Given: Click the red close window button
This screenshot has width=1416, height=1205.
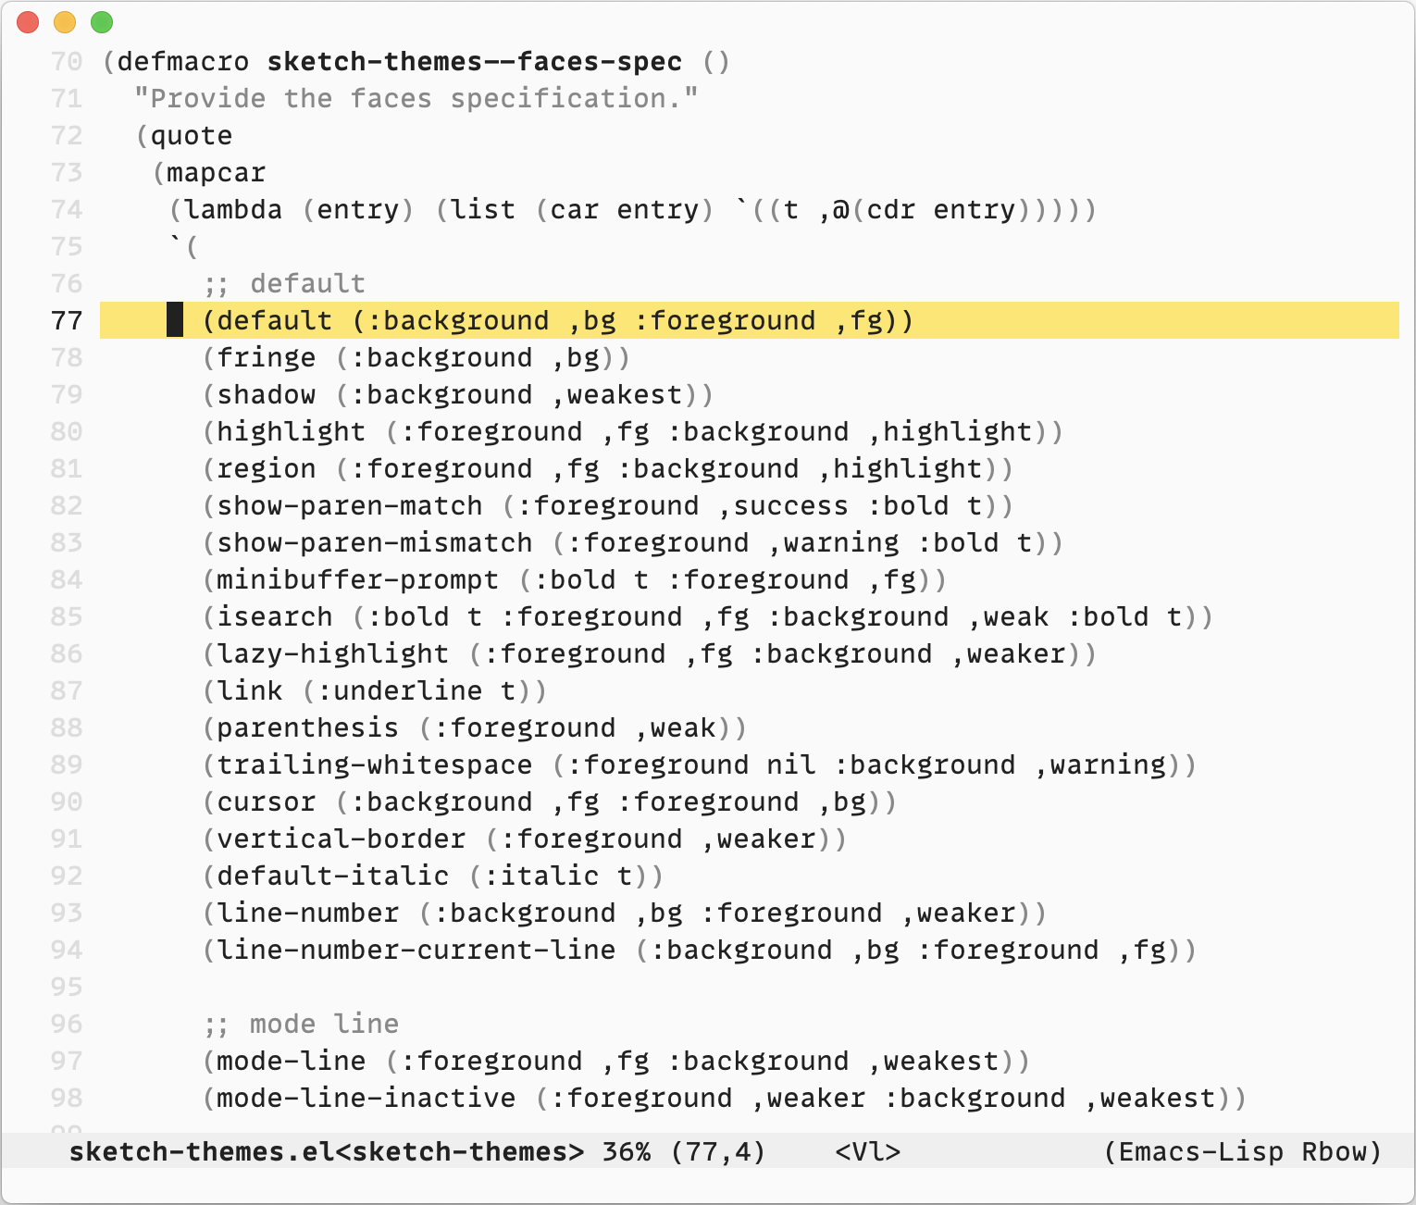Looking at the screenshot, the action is tap(28, 22).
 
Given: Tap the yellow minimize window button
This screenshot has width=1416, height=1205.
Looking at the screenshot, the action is tap(65, 22).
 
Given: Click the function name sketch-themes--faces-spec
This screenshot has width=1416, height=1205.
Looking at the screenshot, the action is tap(474, 62).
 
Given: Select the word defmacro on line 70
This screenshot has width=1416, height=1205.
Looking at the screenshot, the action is tap(183, 62).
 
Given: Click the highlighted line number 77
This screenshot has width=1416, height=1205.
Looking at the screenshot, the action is tap(67, 321).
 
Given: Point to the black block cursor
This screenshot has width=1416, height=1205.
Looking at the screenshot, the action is tap(175, 320).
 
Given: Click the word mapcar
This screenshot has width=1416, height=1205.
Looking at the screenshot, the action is tap(216, 173).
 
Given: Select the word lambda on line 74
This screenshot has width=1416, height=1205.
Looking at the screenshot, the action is tap(233, 210).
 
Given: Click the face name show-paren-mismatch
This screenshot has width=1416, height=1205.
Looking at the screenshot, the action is tap(374, 543).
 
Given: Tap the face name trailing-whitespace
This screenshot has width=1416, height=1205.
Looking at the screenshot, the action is tap(374, 765).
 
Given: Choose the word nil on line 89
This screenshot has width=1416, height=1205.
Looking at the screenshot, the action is tap(791, 765).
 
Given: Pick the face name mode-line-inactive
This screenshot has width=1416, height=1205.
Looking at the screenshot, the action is tap(366, 1099).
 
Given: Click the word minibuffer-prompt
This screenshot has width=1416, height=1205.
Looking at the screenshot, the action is tap(357, 580).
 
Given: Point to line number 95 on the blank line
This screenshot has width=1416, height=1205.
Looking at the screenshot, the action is tap(67, 988).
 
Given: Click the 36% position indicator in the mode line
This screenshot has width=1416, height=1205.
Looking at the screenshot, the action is tap(626, 1152).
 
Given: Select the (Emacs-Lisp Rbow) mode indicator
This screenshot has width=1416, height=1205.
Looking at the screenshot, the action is tap(1242, 1152).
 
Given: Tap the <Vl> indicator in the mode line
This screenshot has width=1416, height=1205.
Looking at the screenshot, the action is tap(867, 1152).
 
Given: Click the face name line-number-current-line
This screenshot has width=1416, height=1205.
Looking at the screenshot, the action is tap(416, 950).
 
